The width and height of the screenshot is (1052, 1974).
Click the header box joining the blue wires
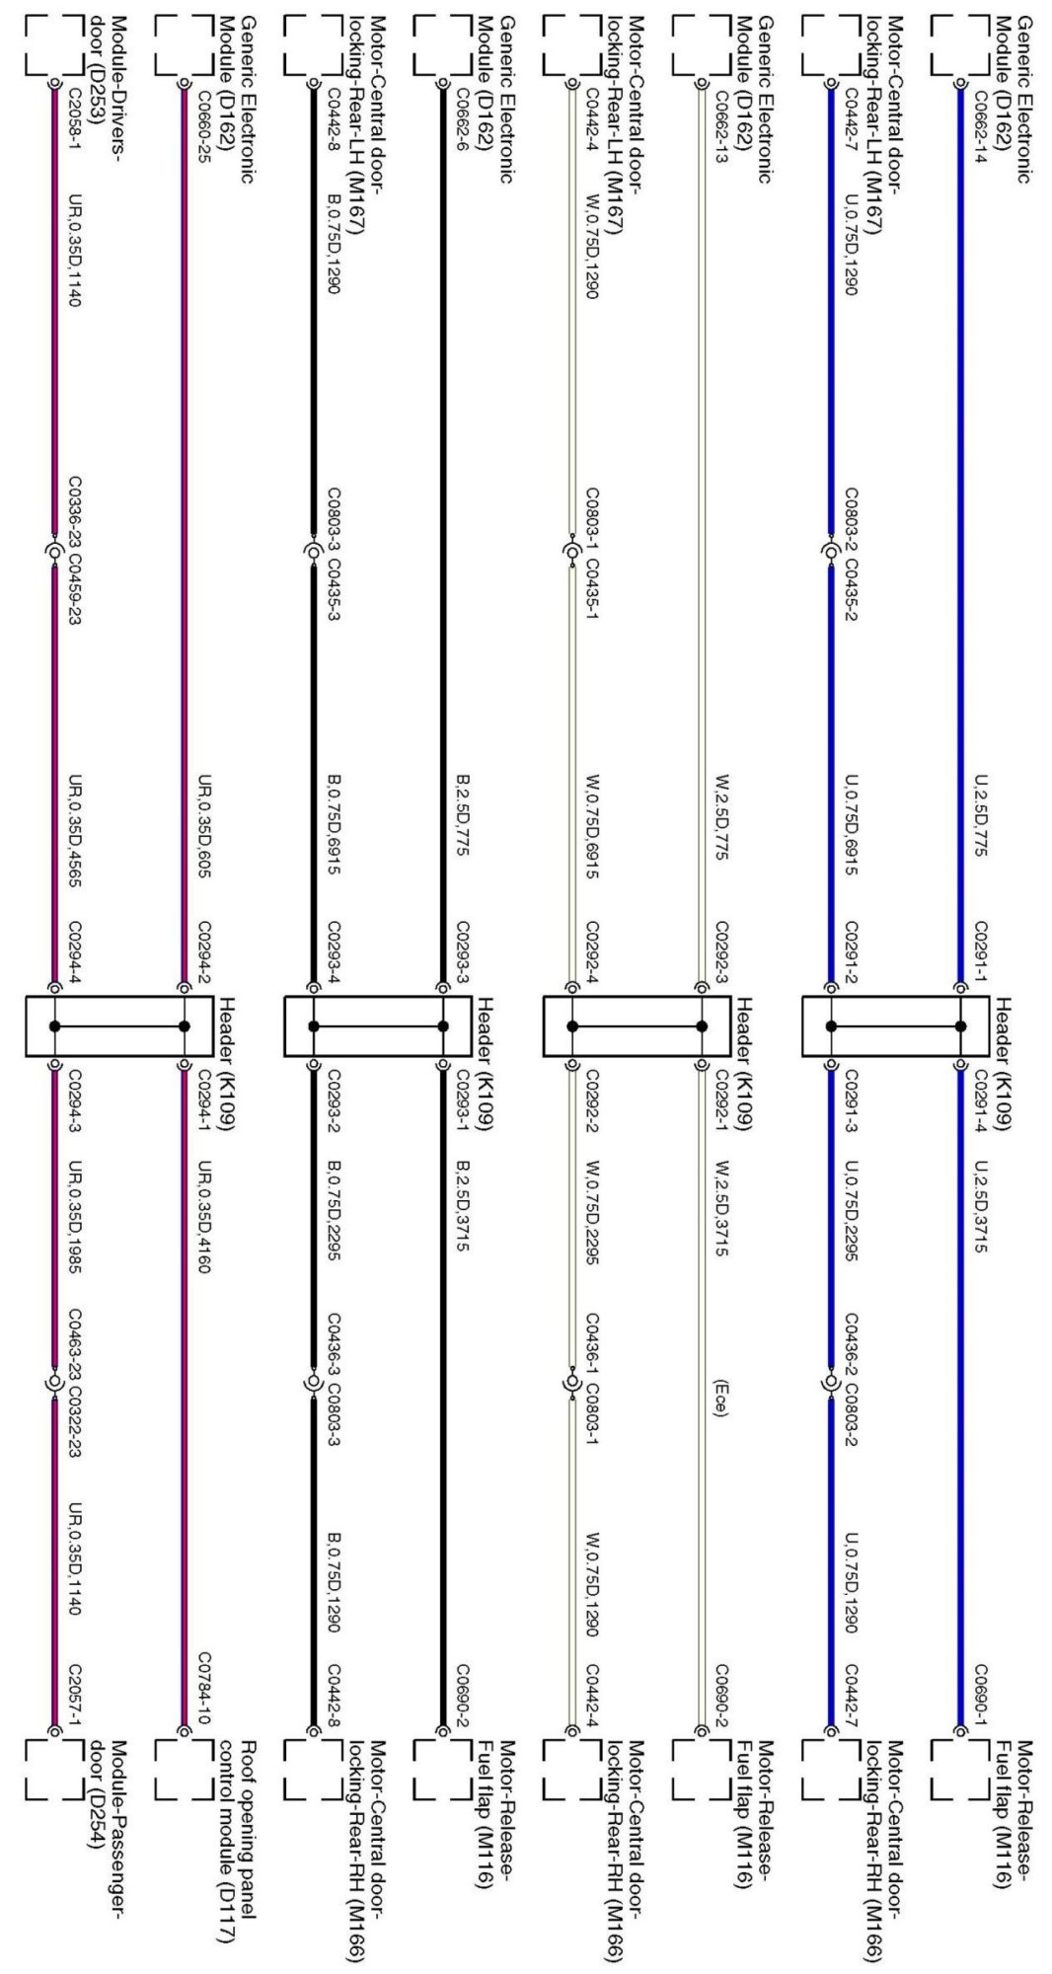pyautogui.click(x=895, y=1026)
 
